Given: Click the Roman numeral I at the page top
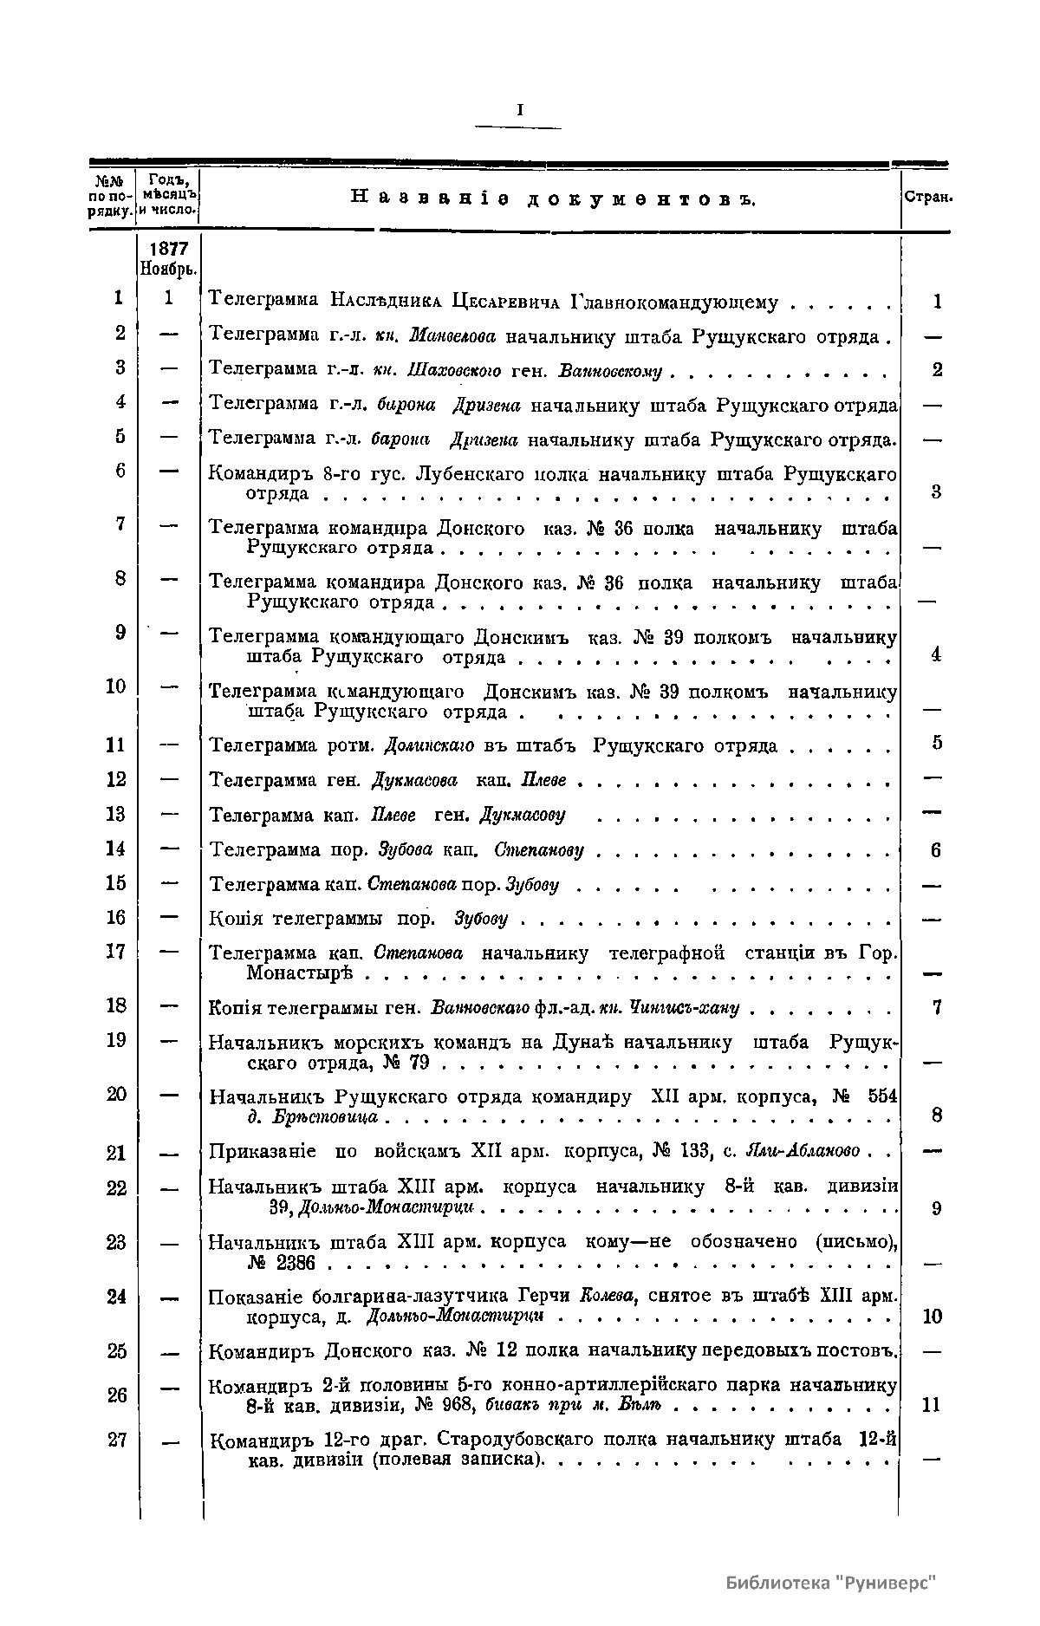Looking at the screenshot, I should pos(519,110).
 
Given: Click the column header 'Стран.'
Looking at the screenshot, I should pos(928,198).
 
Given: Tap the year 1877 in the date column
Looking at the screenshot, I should pos(169,248).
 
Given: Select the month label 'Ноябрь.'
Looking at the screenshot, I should pos(169,268).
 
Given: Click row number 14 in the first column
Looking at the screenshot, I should pos(115,849).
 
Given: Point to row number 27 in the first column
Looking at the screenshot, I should pos(116,1440).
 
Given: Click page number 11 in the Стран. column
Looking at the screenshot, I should pos(931,1405).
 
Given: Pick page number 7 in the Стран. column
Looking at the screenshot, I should pos(936,1008).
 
